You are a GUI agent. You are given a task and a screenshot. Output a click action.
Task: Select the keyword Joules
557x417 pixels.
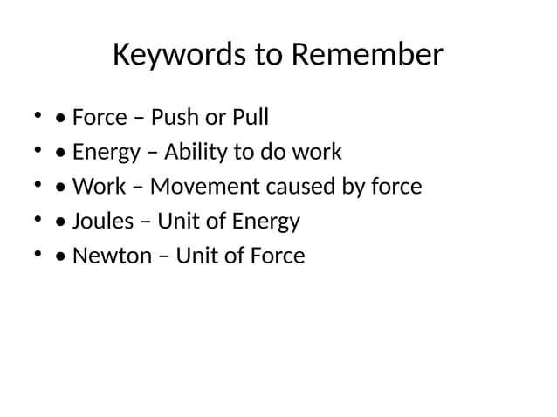103,222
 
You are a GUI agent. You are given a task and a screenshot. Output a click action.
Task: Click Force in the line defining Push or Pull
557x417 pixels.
100,117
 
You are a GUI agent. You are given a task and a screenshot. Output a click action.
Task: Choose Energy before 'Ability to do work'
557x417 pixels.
106,153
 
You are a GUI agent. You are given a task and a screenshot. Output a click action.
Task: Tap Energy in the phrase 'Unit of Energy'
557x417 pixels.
266,222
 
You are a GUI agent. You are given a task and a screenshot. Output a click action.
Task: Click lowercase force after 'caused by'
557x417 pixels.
395,187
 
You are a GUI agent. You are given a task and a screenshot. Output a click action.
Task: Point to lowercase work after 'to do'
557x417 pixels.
317,152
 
